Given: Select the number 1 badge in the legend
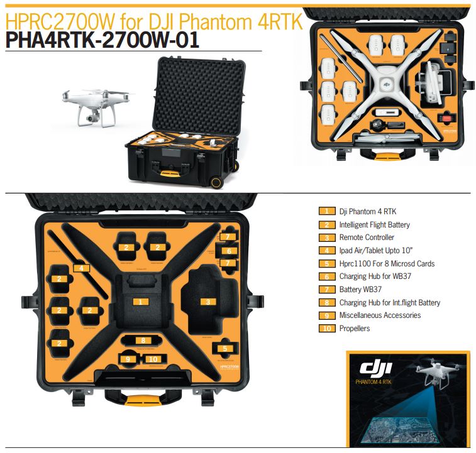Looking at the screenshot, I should click(327, 212).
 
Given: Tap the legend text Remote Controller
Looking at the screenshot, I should click(367, 237).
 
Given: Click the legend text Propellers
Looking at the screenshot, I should click(354, 329).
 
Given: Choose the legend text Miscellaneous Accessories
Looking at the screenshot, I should click(380, 315).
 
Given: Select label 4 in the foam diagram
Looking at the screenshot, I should click(80, 268).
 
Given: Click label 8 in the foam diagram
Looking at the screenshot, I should click(143, 341).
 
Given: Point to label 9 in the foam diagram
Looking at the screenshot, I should click(128, 359).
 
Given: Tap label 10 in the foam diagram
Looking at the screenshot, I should click(153, 359).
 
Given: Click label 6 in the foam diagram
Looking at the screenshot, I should click(230, 251).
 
